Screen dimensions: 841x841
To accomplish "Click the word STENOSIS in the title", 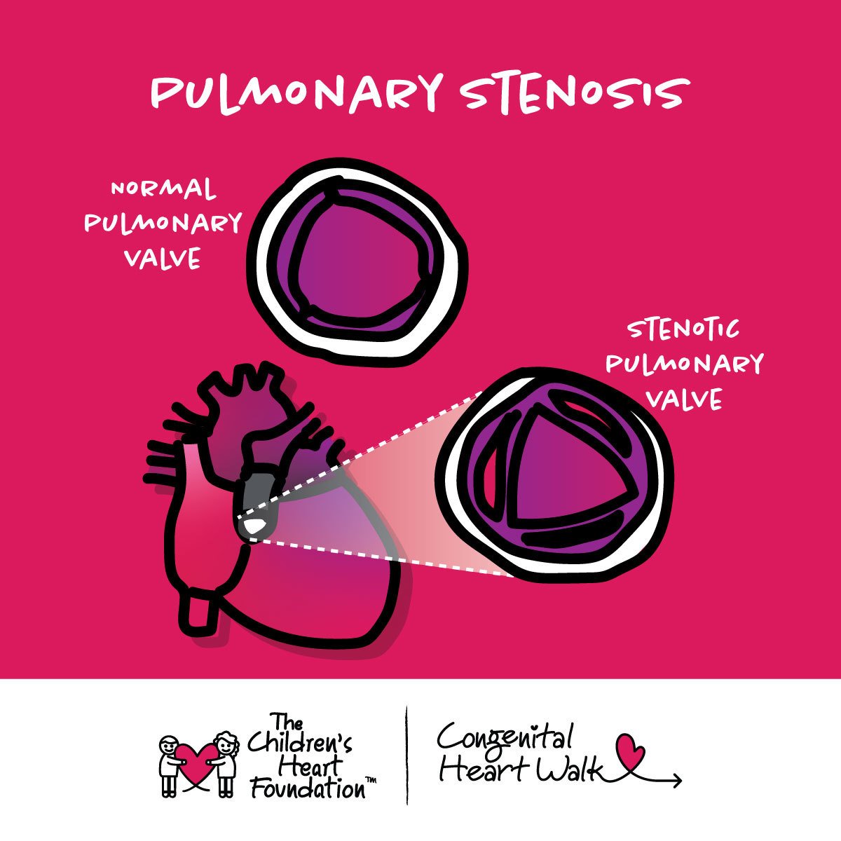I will click(573, 94).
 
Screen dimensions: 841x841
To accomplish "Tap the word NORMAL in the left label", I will click(164, 189).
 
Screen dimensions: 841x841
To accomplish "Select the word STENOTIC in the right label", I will click(683, 329).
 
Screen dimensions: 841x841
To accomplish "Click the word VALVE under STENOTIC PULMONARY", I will click(683, 399).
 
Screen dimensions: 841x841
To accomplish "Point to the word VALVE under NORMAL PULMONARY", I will click(163, 259).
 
